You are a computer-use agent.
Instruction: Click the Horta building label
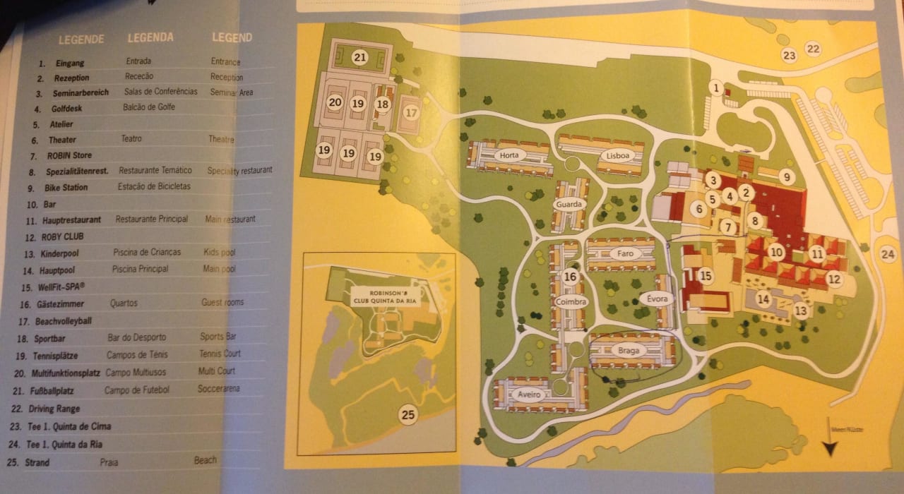[509, 155]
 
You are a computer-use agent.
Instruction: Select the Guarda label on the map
[569, 205]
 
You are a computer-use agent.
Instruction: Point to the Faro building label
[625, 253]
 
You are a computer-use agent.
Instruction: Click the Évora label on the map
[656, 299]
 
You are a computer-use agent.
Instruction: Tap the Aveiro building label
[528, 394]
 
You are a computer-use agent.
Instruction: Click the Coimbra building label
[572, 303]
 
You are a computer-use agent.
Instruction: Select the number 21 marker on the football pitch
[360, 58]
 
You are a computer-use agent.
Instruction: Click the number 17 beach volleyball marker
[412, 112]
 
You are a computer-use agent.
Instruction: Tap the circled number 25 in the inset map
[408, 415]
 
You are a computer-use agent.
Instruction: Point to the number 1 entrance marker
[716, 88]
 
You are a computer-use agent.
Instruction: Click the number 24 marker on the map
[888, 254]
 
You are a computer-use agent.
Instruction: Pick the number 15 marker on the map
[704, 276]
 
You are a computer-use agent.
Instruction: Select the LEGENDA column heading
[150, 37]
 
